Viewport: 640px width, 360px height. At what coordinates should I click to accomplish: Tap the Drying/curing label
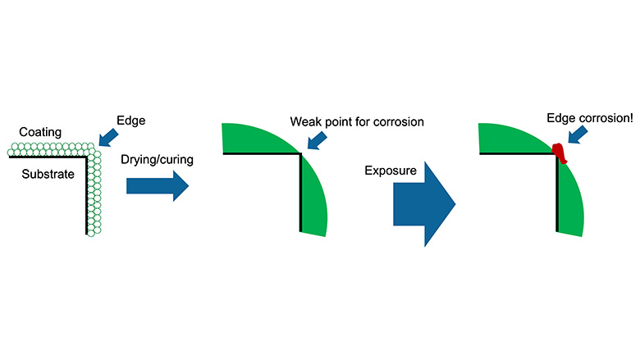(x=157, y=159)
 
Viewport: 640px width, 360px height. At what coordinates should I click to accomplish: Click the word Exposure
(x=393, y=172)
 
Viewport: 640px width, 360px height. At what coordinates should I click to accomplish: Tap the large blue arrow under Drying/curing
(x=157, y=186)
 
